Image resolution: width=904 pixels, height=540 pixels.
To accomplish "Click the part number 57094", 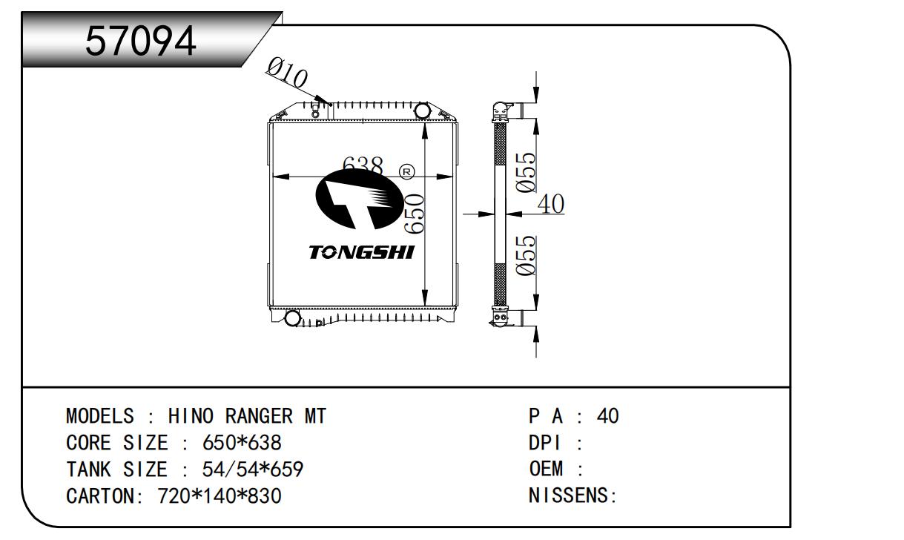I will (x=141, y=41).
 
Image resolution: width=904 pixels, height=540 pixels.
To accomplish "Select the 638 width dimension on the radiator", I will (x=362, y=165).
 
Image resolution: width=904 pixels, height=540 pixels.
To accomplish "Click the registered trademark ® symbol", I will (x=407, y=171).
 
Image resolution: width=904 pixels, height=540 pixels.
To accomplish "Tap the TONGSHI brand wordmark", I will (x=361, y=252).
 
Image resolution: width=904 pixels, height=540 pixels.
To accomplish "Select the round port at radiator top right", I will (x=422, y=111).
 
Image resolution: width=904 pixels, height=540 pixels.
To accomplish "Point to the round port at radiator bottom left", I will (x=292, y=318).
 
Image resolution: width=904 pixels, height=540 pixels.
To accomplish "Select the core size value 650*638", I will (x=242, y=443).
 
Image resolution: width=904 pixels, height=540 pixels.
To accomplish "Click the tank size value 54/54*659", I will (x=253, y=470).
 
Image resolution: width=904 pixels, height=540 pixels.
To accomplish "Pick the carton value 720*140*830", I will (x=220, y=495).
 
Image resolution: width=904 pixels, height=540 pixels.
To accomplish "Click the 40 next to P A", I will (x=607, y=416).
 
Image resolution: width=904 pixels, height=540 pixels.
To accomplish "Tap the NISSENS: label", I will (x=573, y=495).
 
